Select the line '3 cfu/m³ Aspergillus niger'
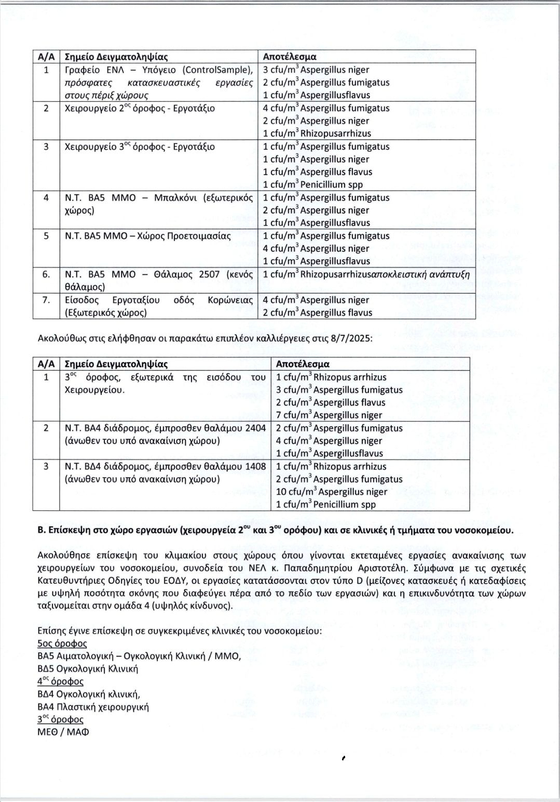click(x=316, y=70)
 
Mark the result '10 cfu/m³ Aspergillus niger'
click(x=332, y=492)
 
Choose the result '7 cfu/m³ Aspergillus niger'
click(x=329, y=415)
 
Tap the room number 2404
click(x=253, y=428)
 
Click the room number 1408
click(x=253, y=466)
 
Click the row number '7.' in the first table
click(x=46, y=300)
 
